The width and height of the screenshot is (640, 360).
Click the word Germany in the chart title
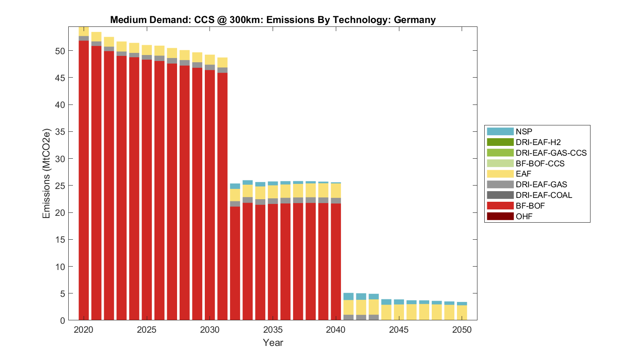414,20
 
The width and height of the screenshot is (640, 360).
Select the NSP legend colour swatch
500,131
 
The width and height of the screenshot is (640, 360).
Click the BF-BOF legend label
530,206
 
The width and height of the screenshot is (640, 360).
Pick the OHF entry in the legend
524,216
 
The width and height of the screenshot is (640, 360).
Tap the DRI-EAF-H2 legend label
538,142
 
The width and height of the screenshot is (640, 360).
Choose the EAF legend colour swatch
500,174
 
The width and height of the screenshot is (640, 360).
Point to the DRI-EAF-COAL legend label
544,195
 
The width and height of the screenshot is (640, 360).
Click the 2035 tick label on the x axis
273,330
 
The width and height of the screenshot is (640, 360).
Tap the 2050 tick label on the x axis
462,330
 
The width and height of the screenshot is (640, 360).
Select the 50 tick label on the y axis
60,51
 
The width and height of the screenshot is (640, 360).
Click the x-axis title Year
273,343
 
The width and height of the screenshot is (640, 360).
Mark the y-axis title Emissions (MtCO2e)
46,173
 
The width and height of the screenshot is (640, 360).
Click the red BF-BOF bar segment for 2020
84,179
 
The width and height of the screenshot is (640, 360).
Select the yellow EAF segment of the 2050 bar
462,313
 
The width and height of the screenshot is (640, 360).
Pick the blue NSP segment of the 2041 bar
349,296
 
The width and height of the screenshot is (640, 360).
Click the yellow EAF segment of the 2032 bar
235,195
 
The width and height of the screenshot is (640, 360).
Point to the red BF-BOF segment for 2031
222,196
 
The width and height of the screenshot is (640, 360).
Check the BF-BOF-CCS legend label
540,163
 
